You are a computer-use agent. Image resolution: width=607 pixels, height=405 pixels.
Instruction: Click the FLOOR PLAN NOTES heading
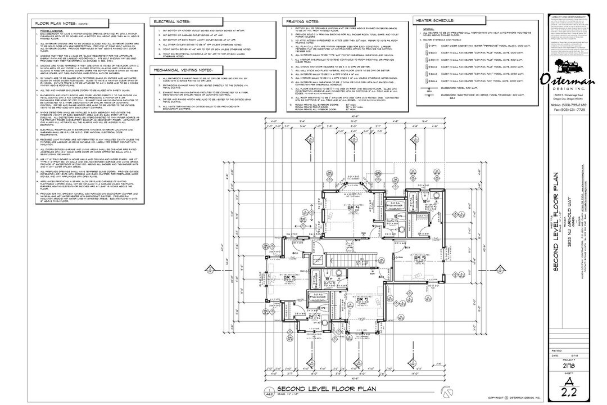click(56, 24)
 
